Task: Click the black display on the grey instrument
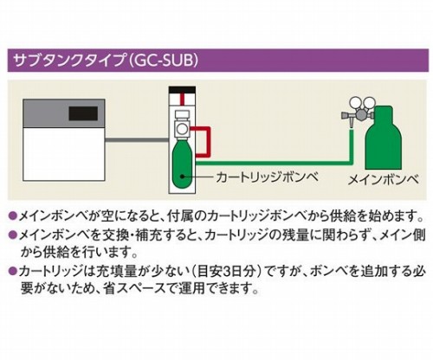[x=83, y=113]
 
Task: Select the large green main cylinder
[x=384, y=138]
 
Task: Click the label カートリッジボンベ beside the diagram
[x=267, y=177]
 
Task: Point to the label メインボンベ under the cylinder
[x=383, y=180]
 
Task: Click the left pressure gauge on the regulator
[x=355, y=103]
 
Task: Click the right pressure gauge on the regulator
[x=369, y=103]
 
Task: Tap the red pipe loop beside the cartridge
[x=209, y=142]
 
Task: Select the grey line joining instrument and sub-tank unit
[x=137, y=140]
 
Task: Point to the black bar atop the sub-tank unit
[x=182, y=89]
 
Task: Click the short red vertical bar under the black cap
[x=182, y=99]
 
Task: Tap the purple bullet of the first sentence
[x=12, y=215]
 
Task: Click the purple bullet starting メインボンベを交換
[x=12, y=235]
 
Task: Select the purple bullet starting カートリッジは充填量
[x=12, y=271]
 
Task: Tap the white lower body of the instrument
[x=64, y=154]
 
